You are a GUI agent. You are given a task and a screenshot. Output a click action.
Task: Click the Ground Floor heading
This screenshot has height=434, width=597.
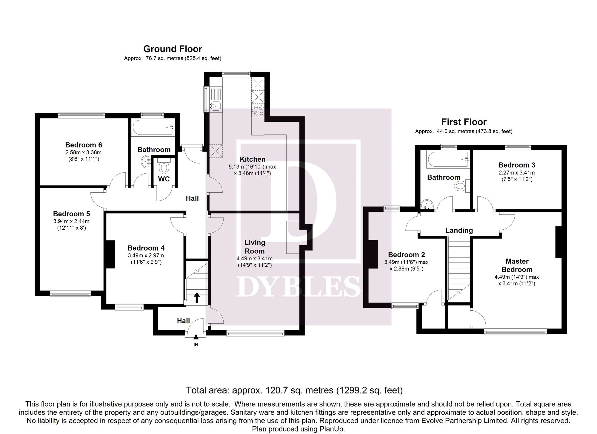click(x=173, y=49)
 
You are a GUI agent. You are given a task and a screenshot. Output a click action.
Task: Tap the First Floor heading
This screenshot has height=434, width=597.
click(x=464, y=122)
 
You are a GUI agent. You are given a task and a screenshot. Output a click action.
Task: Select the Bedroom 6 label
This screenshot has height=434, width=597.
click(x=84, y=145)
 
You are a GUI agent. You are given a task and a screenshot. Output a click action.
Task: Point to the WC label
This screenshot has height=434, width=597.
click(x=164, y=179)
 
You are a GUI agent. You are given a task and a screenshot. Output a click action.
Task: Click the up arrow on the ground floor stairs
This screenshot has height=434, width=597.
click(x=197, y=297)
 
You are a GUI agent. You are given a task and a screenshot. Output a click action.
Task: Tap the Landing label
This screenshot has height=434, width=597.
click(x=459, y=230)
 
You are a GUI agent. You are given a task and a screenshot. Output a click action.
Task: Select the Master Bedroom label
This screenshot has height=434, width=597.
click(x=517, y=265)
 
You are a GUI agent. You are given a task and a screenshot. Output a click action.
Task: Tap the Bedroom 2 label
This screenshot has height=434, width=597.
click(x=406, y=255)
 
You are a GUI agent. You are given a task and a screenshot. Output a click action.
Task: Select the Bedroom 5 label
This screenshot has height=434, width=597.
click(x=71, y=214)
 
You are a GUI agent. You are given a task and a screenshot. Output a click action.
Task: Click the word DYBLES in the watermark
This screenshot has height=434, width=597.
click(x=298, y=286)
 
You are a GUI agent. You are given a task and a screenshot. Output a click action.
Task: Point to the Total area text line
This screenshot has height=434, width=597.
click(x=294, y=390)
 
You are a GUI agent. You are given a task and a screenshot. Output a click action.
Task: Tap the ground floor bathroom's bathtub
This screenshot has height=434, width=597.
click(x=152, y=128)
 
